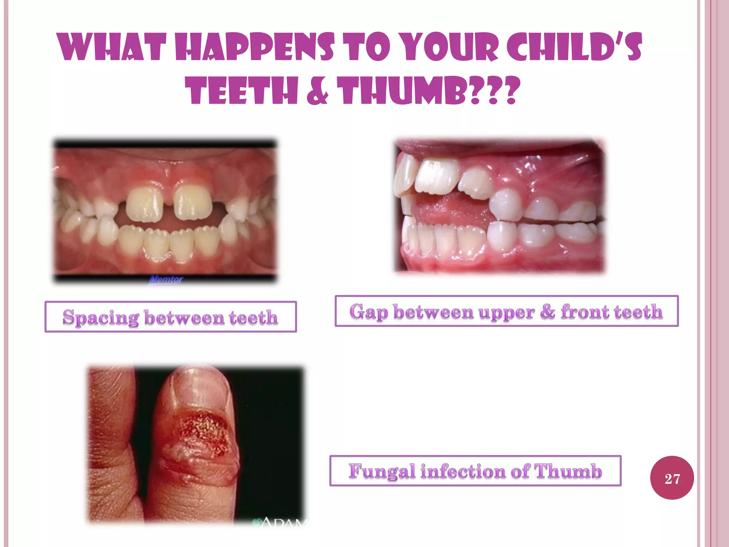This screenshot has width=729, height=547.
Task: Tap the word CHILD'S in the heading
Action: tap(574, 47)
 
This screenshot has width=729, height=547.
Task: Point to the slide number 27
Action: tap(672, 478)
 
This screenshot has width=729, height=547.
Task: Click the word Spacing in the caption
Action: tap(101, 317)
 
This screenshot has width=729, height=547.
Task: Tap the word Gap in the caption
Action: tap(368, 312)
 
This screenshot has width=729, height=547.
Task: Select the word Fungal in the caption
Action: tap(382, 471)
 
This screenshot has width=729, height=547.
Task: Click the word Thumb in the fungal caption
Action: tap(568, 471)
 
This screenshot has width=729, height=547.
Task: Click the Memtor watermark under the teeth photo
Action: tap(166, 280)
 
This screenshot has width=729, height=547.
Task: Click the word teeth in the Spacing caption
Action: tap(253, 317)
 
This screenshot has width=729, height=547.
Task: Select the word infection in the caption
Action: tap(463, 471)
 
